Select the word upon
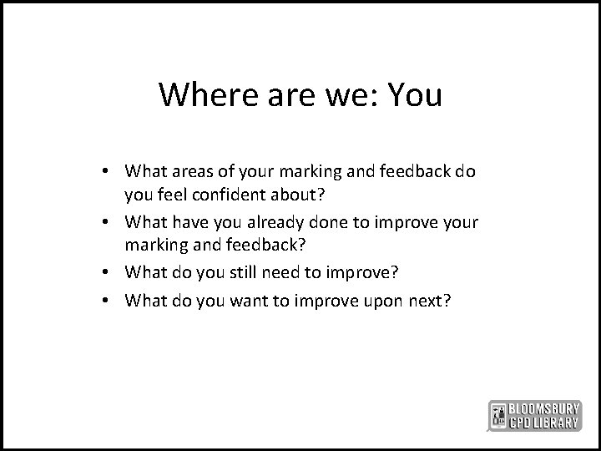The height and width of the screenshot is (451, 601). pos(360,300)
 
